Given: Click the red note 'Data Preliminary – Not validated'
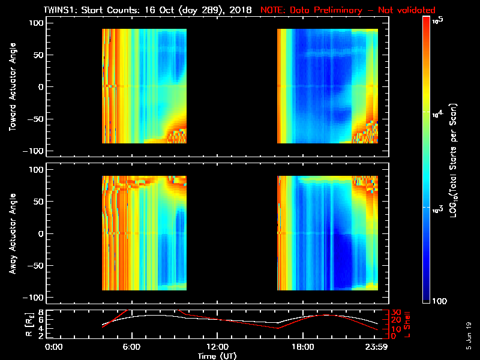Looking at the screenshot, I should point(348,11).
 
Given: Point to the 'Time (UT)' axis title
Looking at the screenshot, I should point(218,356).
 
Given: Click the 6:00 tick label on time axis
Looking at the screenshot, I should point(131,347).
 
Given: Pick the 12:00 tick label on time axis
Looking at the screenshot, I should point(217,347).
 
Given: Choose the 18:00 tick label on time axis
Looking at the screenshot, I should point(302,347).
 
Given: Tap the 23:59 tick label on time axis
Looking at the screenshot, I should point(376,347).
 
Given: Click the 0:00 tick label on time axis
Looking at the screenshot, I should point(54,347).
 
